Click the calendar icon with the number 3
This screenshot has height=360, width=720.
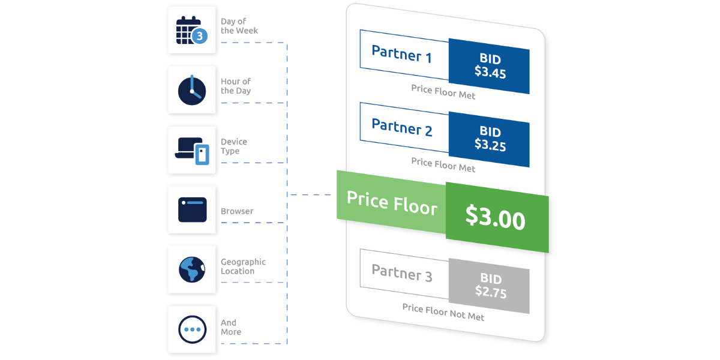pos(191,30)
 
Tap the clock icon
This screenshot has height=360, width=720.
pos(192,90)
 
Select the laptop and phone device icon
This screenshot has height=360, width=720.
pos(192,150)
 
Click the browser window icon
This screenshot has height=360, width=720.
pos(192,210)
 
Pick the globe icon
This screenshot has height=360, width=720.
pos(192,269)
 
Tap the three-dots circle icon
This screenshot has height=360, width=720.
pos(192,329)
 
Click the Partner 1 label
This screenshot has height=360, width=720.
pos(401,53)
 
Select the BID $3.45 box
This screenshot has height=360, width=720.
pos(490,67)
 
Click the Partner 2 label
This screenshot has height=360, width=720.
pos(401,127)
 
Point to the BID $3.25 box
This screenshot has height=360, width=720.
pos(490,139)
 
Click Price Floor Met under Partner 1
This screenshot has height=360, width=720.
pos(443,91)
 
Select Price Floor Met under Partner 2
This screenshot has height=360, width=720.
pos(443,164)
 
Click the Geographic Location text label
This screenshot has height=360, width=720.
pos(243,267)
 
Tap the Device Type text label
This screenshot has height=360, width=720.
pos(234,146)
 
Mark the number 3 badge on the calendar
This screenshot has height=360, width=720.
pos(200,36)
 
